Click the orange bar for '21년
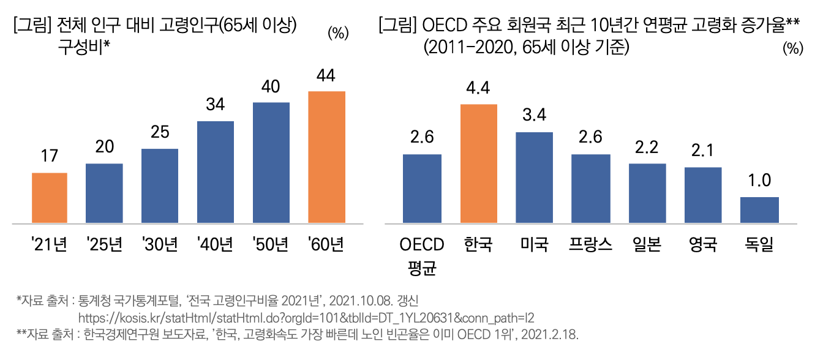coord(50,198)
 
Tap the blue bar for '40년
coord(216,172)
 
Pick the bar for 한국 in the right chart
coord(478,163)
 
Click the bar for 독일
coord(759,210)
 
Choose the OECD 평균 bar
coord(422,189)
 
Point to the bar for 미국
coord(534,178)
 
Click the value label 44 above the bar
coord(326,77)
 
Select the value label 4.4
coord(478,89)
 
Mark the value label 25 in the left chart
coord(160,133)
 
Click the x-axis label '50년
coord(271,245)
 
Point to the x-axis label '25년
coord(104,245)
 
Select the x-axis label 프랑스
coord(590,245)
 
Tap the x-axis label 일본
coord(647,245)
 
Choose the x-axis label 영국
coord(703,245)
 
